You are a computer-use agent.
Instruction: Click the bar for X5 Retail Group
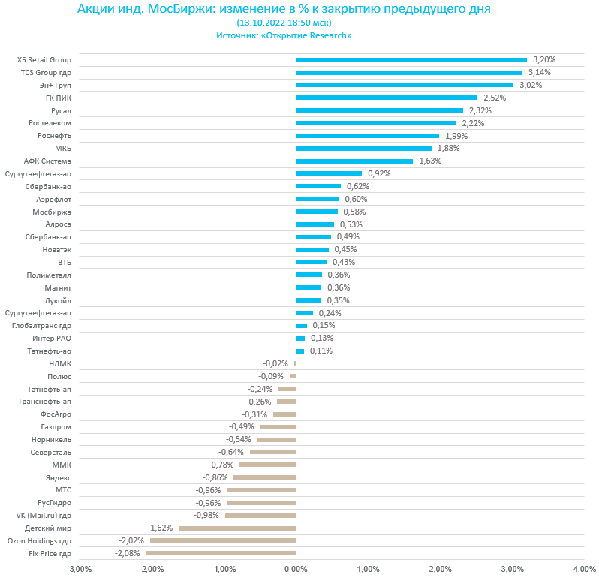point(411,60)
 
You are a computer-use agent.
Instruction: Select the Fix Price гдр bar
point(221,553)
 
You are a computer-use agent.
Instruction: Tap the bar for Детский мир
point(237,528)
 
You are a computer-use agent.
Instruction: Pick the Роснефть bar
point(368,136)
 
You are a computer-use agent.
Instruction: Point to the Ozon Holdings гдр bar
point(223,540)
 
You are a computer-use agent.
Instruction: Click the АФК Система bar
point(354,161)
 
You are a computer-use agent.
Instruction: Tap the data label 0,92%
point(379,173)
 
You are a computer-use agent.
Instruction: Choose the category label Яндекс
point(59,477)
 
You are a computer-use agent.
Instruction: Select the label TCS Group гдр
point(46,73)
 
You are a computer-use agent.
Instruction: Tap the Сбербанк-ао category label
point(48,186)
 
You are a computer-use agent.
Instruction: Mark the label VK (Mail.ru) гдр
point(44,515)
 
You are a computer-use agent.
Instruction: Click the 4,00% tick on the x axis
point(584,569)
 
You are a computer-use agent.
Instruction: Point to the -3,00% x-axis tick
point(79,569)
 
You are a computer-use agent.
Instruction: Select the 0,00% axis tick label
point(296,569)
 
